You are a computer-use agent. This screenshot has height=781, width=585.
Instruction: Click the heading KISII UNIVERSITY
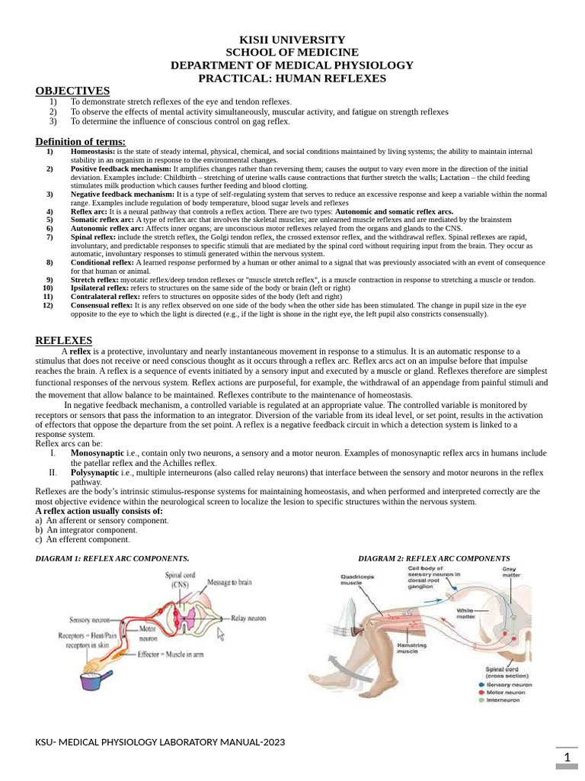click(x=292, y=40)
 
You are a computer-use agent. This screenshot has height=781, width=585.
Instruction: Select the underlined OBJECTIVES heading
click(x=72, y=91)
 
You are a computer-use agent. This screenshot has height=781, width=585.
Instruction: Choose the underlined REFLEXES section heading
click(x=64, y=340)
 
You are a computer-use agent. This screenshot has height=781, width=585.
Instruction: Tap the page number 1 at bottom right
click(x=567, y=757)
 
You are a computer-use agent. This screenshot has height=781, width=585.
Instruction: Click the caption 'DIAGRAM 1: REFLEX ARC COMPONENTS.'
click(x=113, y=558)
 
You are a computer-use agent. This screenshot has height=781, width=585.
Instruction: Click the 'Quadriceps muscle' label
click(x=357, y=581)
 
